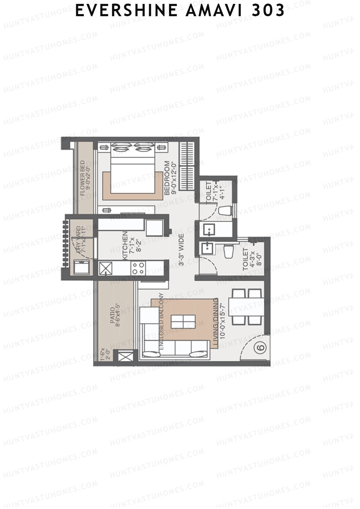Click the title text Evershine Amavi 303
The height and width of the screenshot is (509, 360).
coord(180,11)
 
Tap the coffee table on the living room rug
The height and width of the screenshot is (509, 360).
coord(183,322)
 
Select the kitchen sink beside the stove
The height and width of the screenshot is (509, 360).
coord(105,268)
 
